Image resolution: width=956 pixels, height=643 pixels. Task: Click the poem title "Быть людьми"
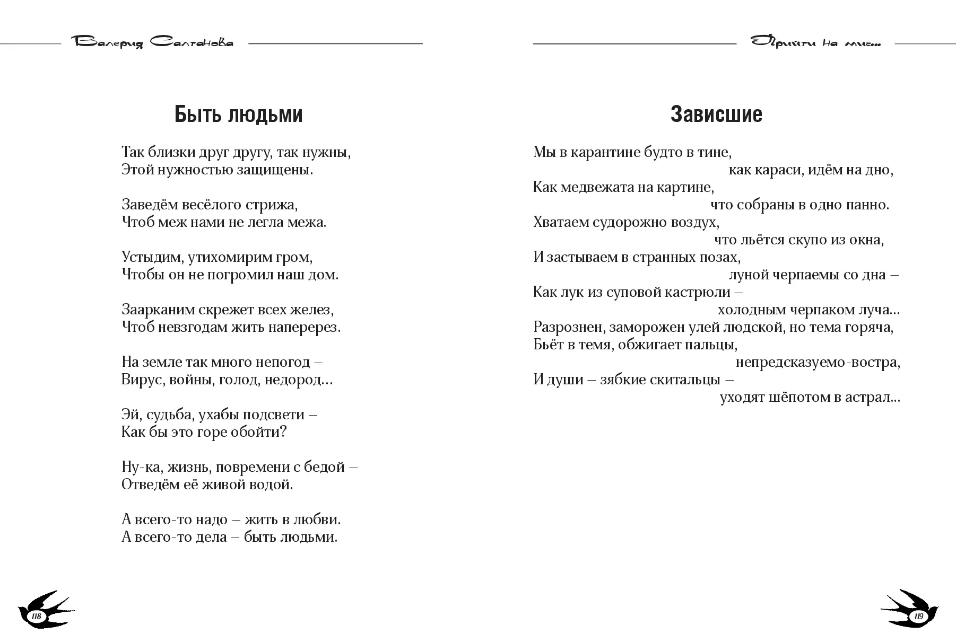pos(238,114)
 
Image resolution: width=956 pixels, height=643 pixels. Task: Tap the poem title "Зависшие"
pos(716,114)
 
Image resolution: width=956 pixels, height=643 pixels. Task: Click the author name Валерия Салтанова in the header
pos(154,43)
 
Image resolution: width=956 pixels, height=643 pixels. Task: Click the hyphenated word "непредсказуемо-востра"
pos(816,363)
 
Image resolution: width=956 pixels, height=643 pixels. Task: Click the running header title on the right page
pos(815,43)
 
